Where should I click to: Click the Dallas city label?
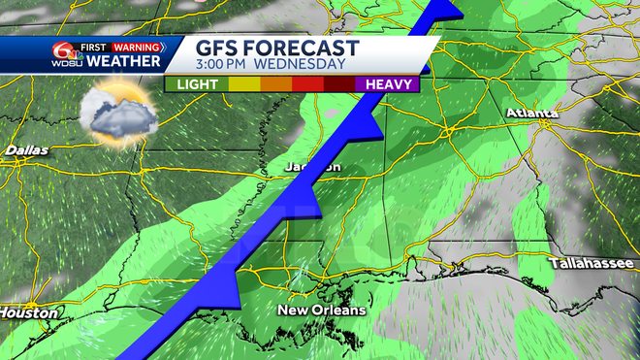pos(26,150)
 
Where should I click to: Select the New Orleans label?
pos(322,311)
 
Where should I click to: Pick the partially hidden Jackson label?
pos(313,167)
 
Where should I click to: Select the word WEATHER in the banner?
pos(124,62)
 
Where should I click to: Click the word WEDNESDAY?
pos(303,65)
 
